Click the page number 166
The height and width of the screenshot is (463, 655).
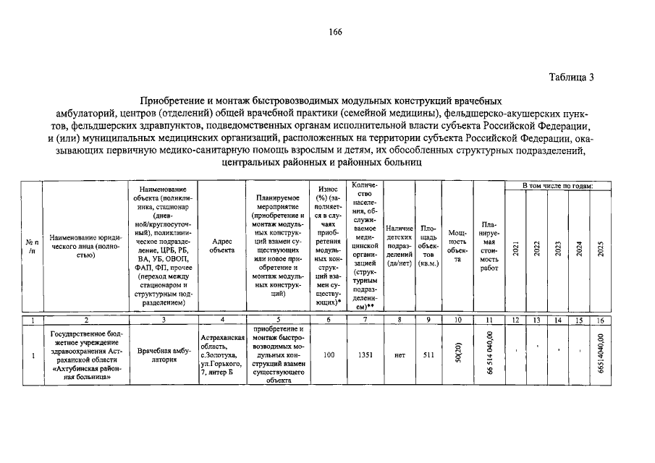[x=335, y=30]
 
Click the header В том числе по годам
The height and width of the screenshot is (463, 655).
[x=558, y=187]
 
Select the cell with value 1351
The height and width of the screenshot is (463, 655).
[x=365, y=355]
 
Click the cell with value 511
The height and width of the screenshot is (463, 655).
[x=428, y=355]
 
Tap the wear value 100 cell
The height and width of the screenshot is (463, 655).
[x=329, y=355]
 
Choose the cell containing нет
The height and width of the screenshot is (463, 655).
[x=400, y=355]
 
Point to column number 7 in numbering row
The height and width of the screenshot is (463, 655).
[x=365, y=320]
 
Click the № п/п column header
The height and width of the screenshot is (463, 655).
[x=32, y=245]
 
